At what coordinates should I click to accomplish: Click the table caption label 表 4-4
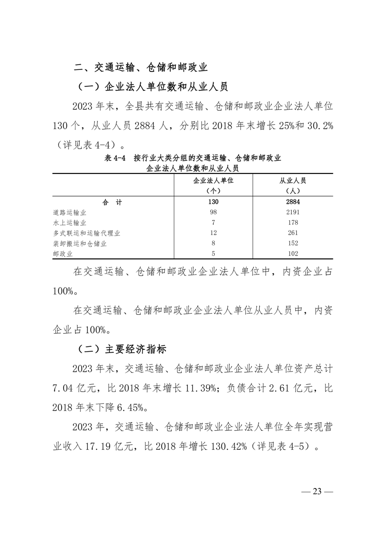click(x=115, y=158)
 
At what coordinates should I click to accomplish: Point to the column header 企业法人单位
click(x=214, y=180)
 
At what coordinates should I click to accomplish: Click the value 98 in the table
click(x=214, y=212)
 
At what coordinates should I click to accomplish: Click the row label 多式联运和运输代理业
click(x=86, y=233)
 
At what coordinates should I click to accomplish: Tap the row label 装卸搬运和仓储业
click(x=80, y=243)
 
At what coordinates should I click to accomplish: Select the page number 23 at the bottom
click(x=318, y=491)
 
